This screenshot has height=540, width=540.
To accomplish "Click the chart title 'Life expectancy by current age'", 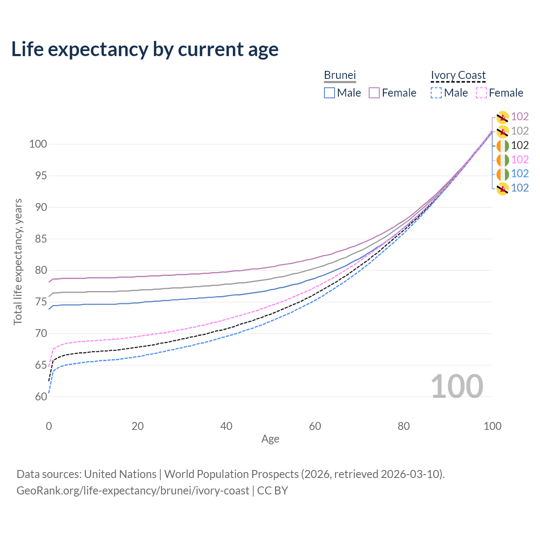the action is (x=145, y=49).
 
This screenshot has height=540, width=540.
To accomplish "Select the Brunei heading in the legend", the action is (x=340, y=75).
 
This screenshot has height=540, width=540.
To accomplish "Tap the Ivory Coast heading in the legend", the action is (x=458, y=75).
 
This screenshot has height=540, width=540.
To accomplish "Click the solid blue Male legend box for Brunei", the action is (x=329, y=93).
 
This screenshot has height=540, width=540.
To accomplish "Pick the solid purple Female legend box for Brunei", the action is (x=374, y=93).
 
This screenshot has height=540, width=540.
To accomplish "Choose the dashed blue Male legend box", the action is (x=436, y=93).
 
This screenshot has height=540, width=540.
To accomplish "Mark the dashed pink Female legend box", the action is (x=481, y=93).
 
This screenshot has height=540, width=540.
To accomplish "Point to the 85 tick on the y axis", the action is (x=41, y=239).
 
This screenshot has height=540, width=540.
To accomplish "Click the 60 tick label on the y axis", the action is (x=41, y=397).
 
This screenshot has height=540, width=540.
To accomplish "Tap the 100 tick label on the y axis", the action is (x=38, y=144).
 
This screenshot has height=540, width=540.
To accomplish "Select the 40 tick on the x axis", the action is (x=226, y=426).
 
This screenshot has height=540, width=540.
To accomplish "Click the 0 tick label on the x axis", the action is (x=49, y=426).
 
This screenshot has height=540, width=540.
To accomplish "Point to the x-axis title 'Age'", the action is (x=270, y=439).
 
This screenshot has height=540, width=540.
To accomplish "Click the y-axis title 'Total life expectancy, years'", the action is (x=18, y=262).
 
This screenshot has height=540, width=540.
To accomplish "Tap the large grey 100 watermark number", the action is (x=457, y=386).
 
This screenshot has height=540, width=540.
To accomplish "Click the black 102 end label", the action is (x=520, y=145).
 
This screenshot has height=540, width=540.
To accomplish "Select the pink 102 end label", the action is (x=520, y=159).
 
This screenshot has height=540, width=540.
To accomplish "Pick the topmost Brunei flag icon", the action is (x=502, y=117).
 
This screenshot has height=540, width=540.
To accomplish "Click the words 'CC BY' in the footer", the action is (x=273, y=491).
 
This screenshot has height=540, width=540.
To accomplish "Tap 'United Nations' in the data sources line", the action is (x=120, y=474).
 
